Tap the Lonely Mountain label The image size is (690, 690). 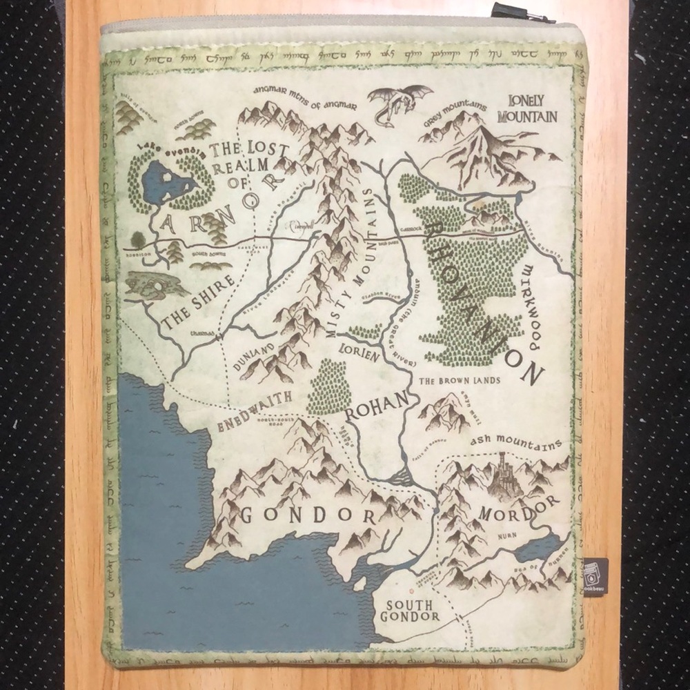531,109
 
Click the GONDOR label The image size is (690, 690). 307,515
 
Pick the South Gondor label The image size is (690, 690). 409,610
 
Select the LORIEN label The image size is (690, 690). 359,354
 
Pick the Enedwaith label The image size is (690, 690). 255,410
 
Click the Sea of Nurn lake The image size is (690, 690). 540,549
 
